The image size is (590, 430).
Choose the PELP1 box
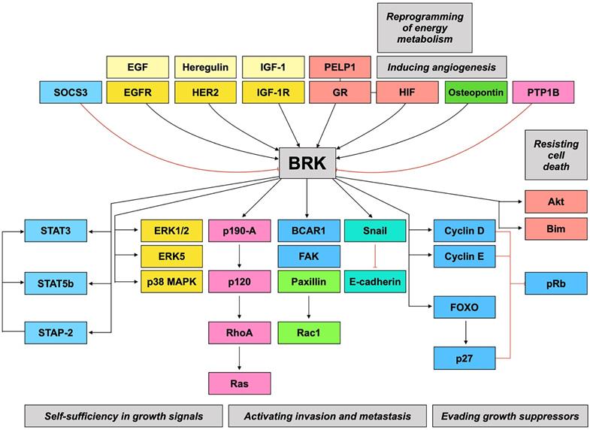[x=339, y=68]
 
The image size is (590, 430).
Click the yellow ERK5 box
[x=171, y=256]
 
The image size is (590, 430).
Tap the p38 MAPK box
[x=171, y=284]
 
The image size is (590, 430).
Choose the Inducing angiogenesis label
[x=440, y=68]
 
